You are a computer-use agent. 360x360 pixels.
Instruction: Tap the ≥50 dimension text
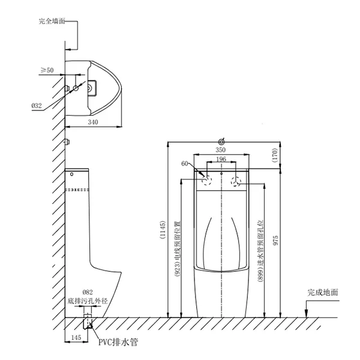pyautogui.click(x=47, y=70)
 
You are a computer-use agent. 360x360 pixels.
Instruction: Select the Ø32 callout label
pyautogui.click(x=37, y=106)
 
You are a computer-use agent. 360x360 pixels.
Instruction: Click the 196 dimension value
pyautogui.click(x=221, y=159)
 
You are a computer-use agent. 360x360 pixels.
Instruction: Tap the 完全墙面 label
pyautogui.click(x=51, y=22)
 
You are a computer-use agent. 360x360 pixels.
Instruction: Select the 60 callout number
pyautogui.click(x=185, y=163)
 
